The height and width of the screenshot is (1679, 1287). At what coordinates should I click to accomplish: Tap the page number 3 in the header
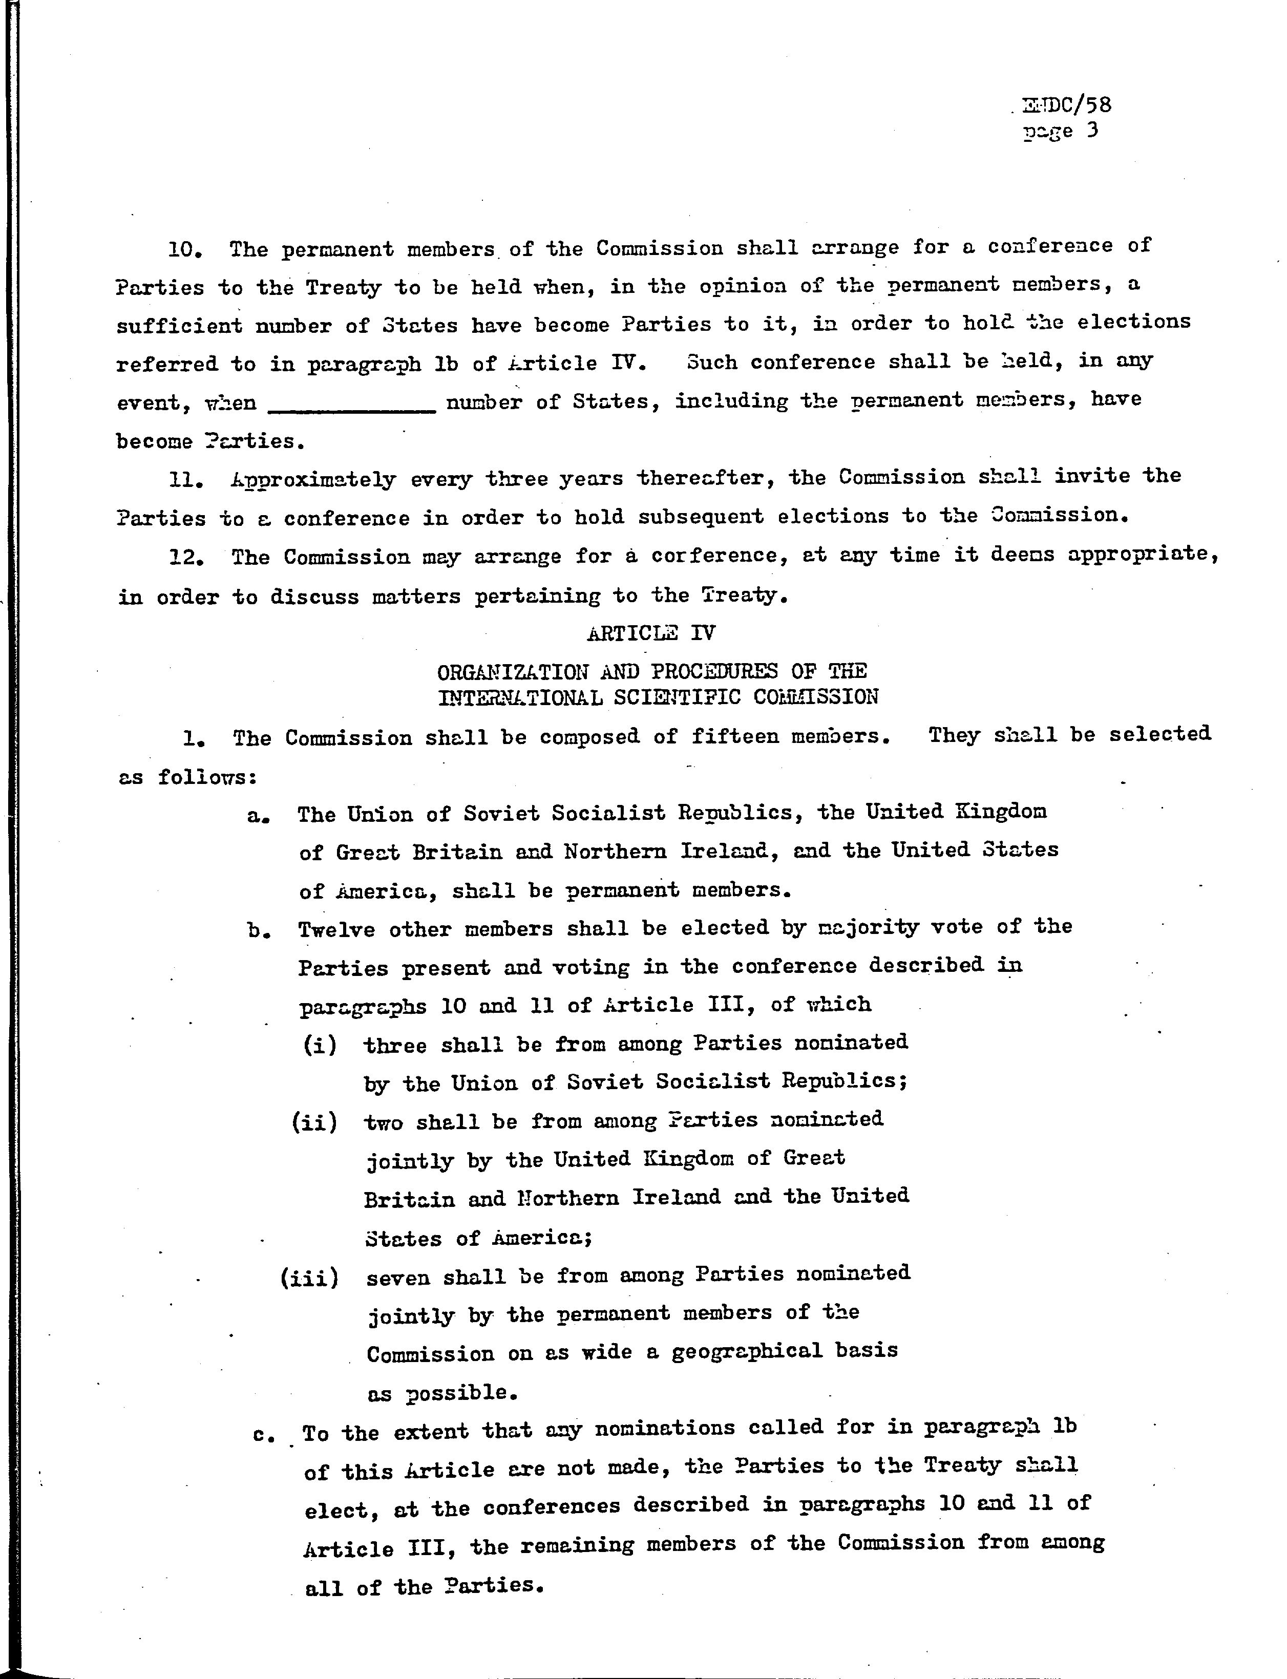click(1092, 130)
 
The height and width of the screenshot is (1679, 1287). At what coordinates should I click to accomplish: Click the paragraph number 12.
click(186, 558)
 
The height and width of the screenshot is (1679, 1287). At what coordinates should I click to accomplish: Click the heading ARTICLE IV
click(652, 633)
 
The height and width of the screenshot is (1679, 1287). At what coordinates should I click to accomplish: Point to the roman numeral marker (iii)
click(309, 1278)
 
